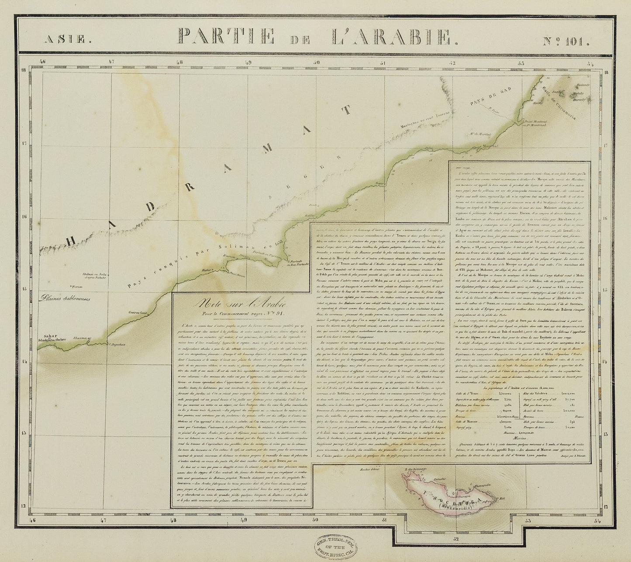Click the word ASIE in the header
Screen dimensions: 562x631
coord(67,39)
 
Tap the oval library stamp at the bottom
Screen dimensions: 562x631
coord(334,545)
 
